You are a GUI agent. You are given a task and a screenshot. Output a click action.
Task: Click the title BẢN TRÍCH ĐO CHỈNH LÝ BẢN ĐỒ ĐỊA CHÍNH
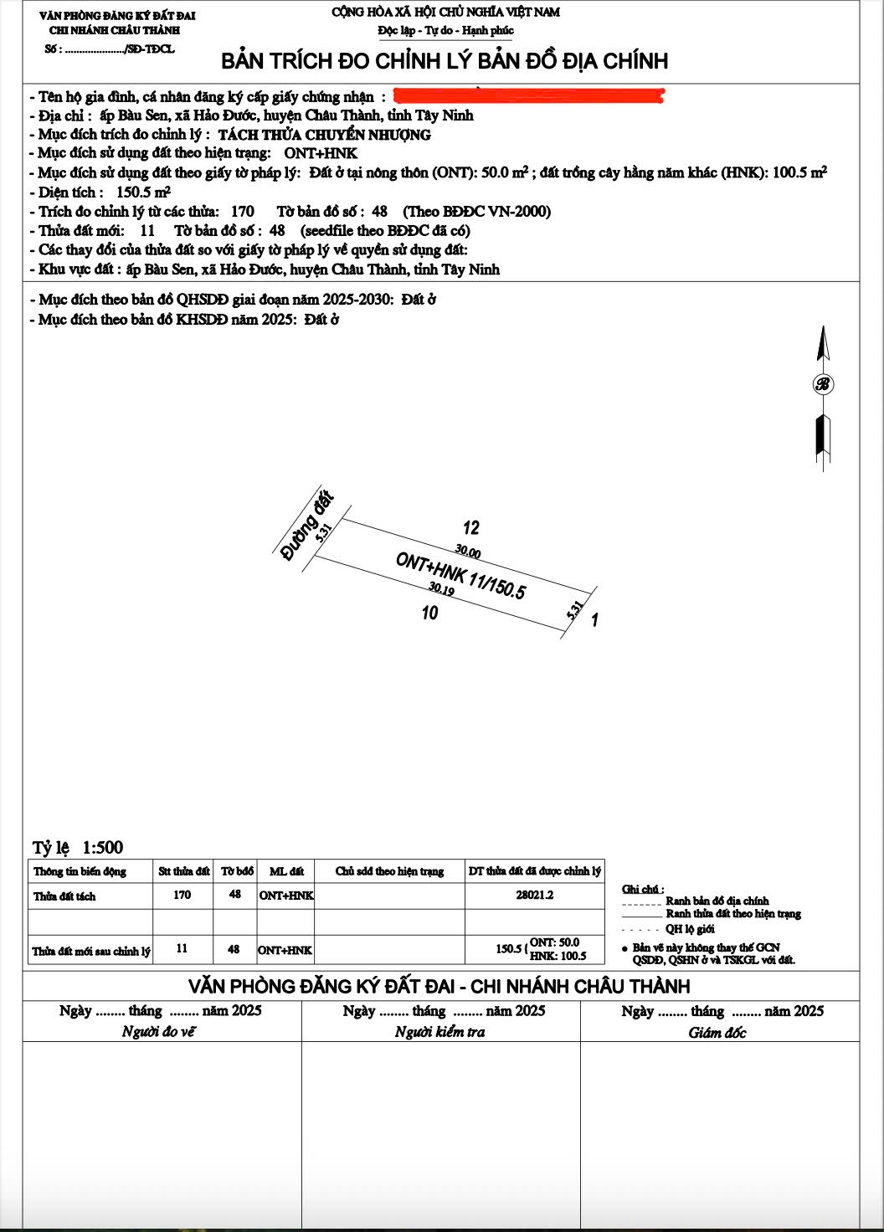click(445, 61)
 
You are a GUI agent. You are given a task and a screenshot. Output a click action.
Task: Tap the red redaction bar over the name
click(527, 96)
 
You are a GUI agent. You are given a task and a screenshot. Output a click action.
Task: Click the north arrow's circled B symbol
click(823, 384)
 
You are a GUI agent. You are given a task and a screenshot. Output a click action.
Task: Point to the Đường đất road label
click(306, 526)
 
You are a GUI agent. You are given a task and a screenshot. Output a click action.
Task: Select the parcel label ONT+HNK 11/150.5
click(460, 575)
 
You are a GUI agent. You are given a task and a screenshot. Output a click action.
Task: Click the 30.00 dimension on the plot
click(468, 552)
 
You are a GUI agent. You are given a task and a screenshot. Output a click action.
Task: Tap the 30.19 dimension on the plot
click(441, 590)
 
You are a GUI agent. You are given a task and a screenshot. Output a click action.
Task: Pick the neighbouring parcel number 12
click(471, 527)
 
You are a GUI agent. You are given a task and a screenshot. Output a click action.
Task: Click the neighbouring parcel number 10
click(429, 613)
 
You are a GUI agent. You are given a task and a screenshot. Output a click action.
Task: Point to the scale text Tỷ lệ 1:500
click(78, 847)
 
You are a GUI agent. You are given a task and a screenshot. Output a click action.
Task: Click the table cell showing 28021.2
click(534, 895)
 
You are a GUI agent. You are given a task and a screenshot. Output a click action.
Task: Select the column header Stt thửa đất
click(183, 871)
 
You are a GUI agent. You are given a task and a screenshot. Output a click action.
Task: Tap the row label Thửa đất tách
click(64, 896)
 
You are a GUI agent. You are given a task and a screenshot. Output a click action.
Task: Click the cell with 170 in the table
click(182, 895)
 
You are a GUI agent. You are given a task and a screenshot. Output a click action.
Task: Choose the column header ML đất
click(286, 871)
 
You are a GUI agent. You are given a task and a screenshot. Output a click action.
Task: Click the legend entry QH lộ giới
click(690, 929)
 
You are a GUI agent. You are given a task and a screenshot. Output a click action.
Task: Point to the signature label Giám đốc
click(717, 1033)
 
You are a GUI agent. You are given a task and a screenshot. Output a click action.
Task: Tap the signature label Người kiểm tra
click(440, 1032)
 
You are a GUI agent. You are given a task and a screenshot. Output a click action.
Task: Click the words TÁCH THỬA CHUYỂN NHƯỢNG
click(325, 135)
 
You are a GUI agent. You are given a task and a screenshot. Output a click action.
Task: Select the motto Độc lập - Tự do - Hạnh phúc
click(445, 31)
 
